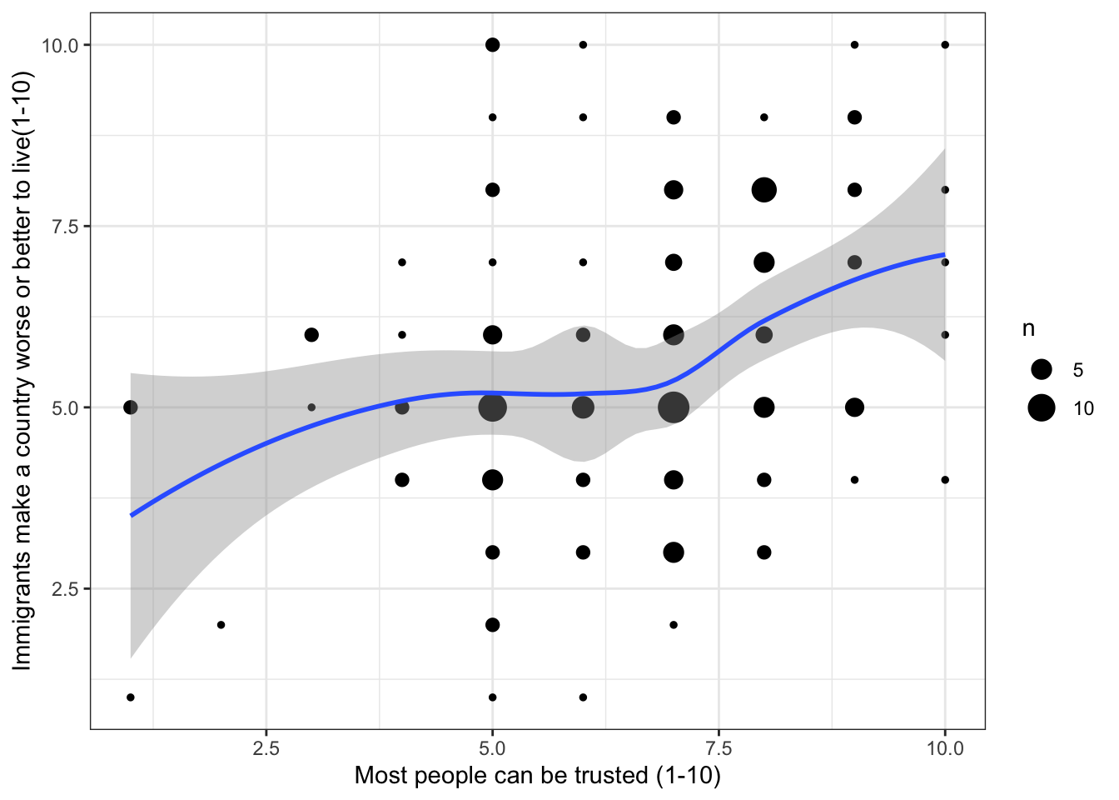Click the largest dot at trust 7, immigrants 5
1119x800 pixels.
tap(674, 407)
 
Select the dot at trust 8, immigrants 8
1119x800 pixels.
tap(763, 190)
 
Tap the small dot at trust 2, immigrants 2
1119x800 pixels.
tap(221, 625)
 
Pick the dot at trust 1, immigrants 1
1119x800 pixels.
tap(131, 697)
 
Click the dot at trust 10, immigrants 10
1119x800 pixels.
tap(945, 45)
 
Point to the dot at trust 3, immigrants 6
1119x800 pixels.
tap(311, 335)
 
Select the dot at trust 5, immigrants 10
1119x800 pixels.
tap(492, 45)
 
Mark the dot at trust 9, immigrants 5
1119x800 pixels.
tap(854, 407)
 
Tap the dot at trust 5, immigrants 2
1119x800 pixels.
tap(492, 625)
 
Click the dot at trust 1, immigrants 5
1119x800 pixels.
tap(131, 407)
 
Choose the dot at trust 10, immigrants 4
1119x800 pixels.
tap(945, 480)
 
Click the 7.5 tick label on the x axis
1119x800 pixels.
tap(719, 747)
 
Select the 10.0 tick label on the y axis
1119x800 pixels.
tap(61, 45)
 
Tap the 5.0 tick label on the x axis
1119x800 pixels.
tap(492, 747)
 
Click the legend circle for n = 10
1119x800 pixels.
tap(1041, 407)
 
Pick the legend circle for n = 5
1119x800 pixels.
tap(1041, 369)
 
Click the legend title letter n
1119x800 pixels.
tap(1029, 330)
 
